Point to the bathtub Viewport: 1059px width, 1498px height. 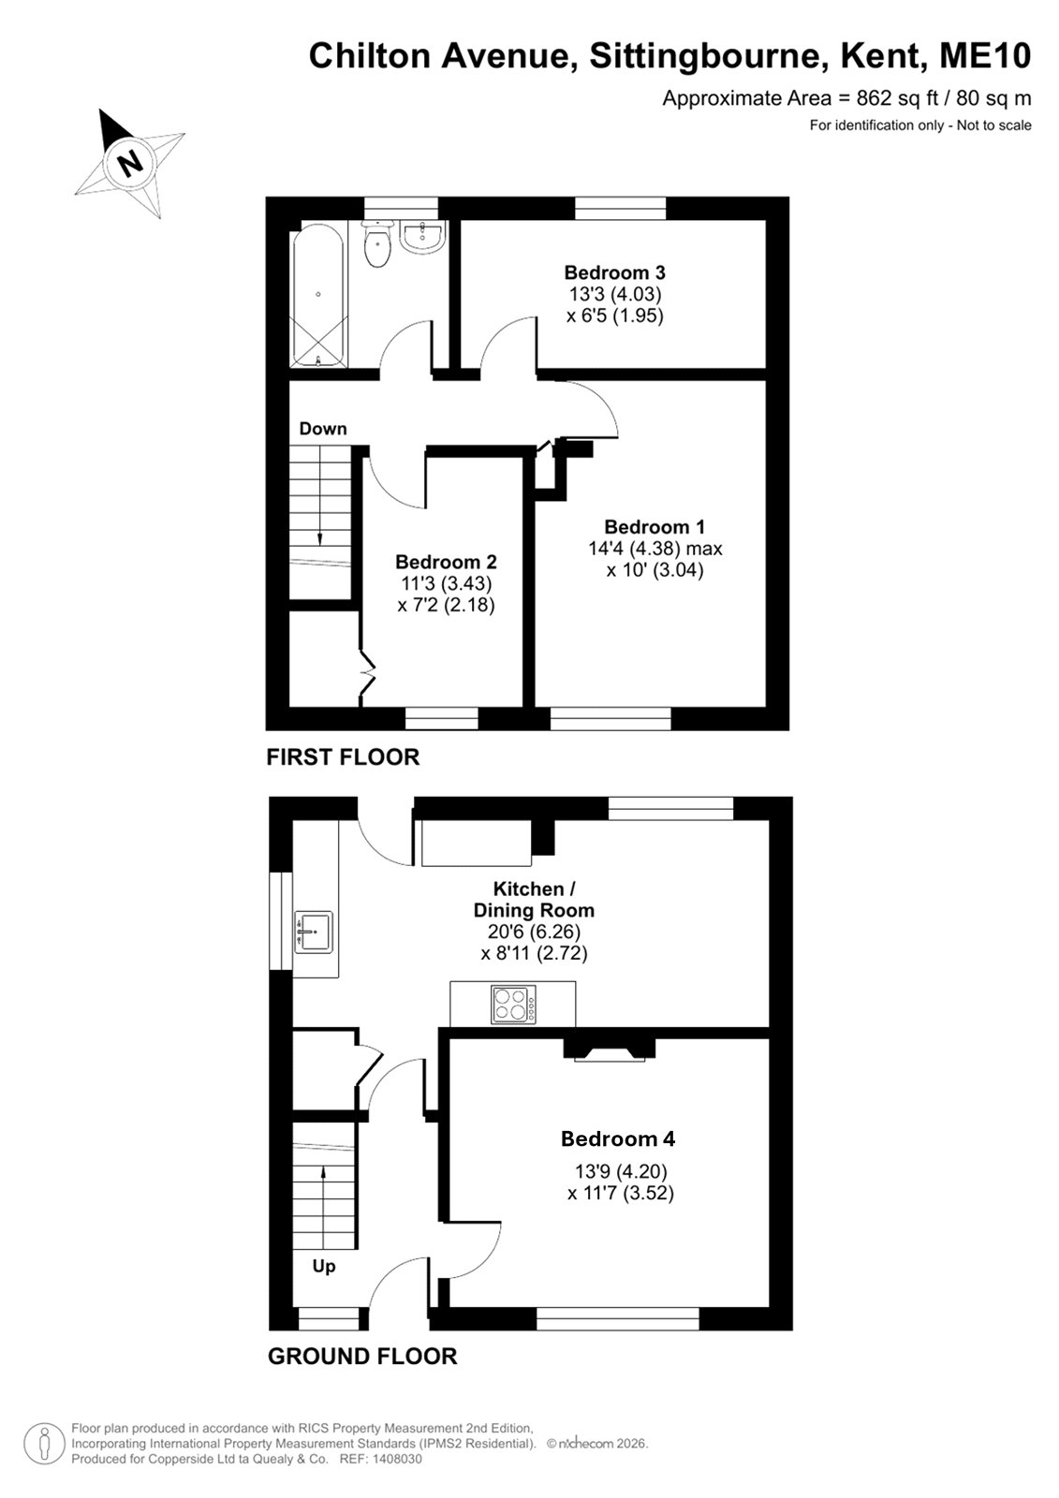point(318,296)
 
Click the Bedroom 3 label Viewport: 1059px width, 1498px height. point(615,272)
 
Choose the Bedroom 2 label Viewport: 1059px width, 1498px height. point(447,561)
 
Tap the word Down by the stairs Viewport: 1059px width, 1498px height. point(323,429)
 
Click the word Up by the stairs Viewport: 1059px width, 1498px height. point(324,1266)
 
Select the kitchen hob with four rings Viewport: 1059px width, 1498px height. point(514,1006)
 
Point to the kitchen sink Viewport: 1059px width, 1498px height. point(314,932)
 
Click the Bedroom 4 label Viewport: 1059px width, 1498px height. point(618,1138)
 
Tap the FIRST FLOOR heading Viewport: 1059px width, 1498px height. point(344,757)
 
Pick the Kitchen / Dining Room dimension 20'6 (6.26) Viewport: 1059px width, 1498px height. point(534,931)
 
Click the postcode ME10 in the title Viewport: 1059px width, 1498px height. point(985,56)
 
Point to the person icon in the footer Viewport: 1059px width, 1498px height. point(45,1443)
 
